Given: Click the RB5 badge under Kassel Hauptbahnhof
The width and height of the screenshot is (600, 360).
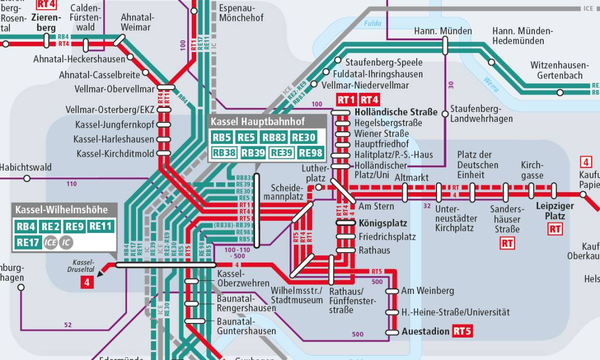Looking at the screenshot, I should click(221, 138).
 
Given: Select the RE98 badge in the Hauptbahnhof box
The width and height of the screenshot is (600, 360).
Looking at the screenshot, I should click(311, 153).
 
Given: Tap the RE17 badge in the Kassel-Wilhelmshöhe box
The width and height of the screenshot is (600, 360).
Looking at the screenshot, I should click(28, 242).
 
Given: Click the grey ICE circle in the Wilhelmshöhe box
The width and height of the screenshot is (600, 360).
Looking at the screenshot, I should click(51, 242).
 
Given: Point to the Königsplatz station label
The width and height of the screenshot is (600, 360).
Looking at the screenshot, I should click(383, 223).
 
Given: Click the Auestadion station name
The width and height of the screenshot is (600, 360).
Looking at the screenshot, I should click(425, 331).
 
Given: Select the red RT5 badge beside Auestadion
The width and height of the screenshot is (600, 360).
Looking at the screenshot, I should click(462, 331).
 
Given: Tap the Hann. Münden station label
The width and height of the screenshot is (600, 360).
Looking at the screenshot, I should click(443, 31).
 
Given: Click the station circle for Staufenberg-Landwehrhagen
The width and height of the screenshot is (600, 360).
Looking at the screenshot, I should click(445, 114).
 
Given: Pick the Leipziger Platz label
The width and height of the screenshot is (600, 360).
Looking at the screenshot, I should click(555, 211).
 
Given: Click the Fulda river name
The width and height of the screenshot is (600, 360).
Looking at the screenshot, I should click(373, 23).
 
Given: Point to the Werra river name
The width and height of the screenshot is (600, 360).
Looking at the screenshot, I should click(491, 84).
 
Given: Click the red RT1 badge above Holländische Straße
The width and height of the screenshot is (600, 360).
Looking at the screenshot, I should click(346, 100).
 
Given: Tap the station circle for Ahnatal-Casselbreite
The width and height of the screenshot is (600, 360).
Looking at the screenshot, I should click(145, 72).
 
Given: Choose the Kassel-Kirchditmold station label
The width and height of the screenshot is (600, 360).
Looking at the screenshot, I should click(115, 154).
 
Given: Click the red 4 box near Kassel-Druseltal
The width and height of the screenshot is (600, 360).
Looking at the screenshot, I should click(86, 282).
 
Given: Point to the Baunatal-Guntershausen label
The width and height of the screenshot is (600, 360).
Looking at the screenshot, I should click(246, 326).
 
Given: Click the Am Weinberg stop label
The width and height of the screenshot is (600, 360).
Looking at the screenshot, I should click(427, 291).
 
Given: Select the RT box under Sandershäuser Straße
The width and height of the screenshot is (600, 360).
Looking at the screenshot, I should click(507, 243).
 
